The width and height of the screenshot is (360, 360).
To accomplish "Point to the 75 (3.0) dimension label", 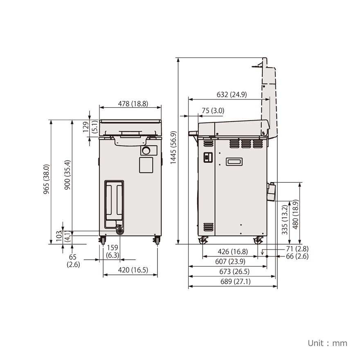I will point(213,111).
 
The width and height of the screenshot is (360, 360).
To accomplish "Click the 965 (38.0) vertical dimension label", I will point(47,179).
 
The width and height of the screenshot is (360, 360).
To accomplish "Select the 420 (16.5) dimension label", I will point(133,270).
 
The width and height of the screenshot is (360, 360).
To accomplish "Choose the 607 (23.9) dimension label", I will point(230,261).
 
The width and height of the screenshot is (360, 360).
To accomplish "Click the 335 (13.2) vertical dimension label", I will point(285,220).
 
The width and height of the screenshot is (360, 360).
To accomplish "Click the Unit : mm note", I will point(327,343).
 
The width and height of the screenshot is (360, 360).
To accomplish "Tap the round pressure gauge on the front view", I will point(146,151).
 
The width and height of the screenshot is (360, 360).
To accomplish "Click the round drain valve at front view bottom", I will point(119,231).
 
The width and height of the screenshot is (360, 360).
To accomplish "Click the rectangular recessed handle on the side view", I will point(234,162).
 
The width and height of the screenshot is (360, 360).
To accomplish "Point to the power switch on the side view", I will point(207,157).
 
